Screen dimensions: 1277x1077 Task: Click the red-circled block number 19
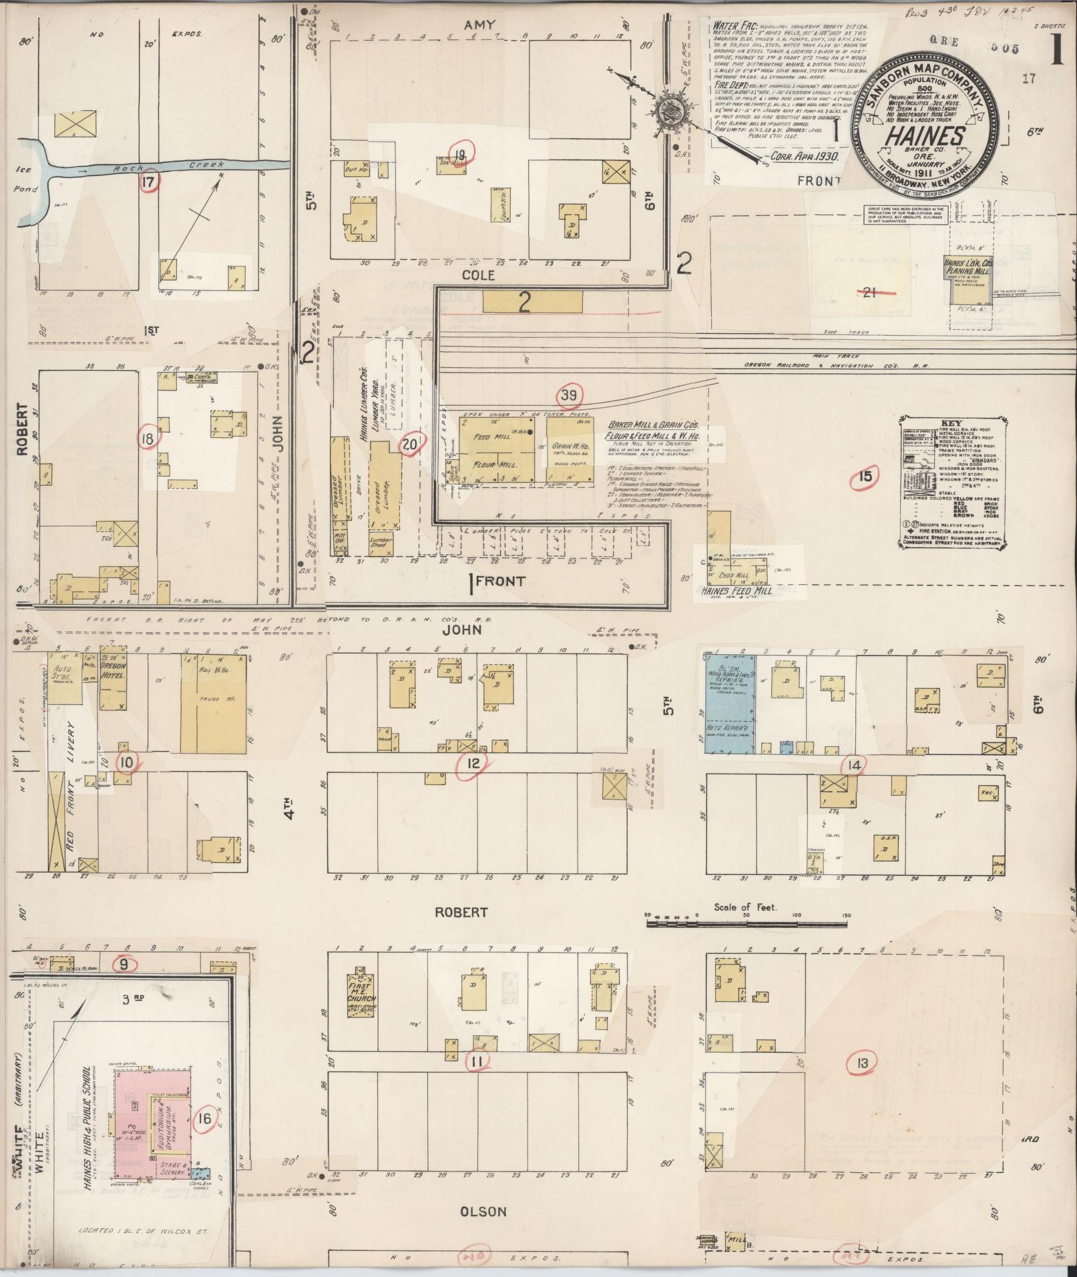(461, 154)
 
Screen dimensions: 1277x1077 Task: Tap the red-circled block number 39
(569, 397)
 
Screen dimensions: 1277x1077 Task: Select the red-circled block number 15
(865, 477)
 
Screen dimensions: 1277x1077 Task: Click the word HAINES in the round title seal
(924, 136)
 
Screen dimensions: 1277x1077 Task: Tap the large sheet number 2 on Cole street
(524, 304)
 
